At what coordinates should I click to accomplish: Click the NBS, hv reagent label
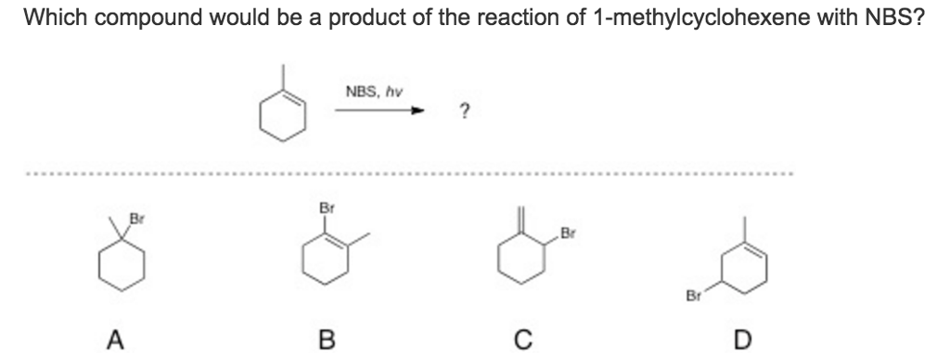(x=374, y=92)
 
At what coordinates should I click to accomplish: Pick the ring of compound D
(x=741, y=269)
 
